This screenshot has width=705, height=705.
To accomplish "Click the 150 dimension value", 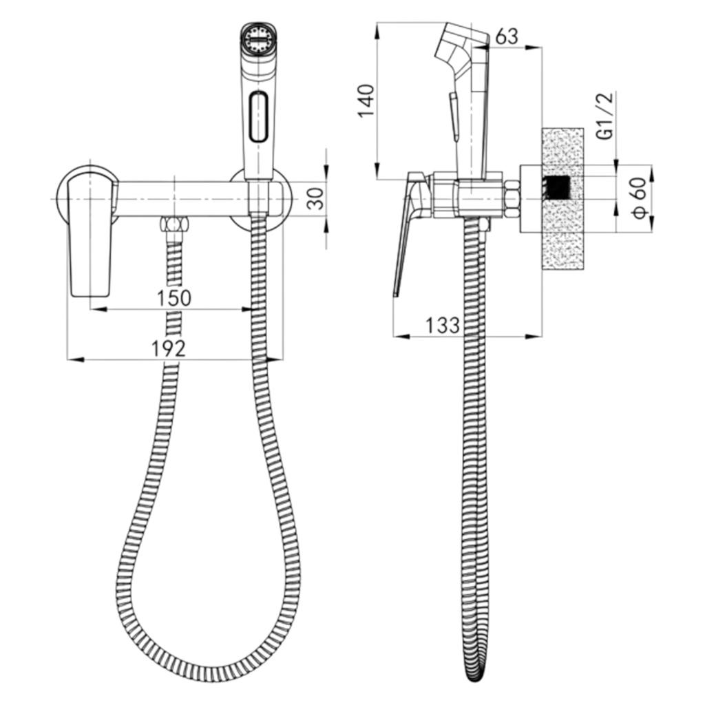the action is pos(174,297).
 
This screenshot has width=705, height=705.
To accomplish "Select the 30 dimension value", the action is pos(318,198).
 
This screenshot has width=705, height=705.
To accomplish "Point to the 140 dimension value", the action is pos(366,101).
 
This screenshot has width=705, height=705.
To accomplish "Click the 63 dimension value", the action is pos(507,36).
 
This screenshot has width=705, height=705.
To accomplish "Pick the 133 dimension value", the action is pos(443,325).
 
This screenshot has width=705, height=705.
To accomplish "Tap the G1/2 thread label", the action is pos(607,116).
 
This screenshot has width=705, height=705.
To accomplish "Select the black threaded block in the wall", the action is pos(556,187).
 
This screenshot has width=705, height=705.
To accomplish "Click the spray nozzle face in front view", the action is pos(257,39).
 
